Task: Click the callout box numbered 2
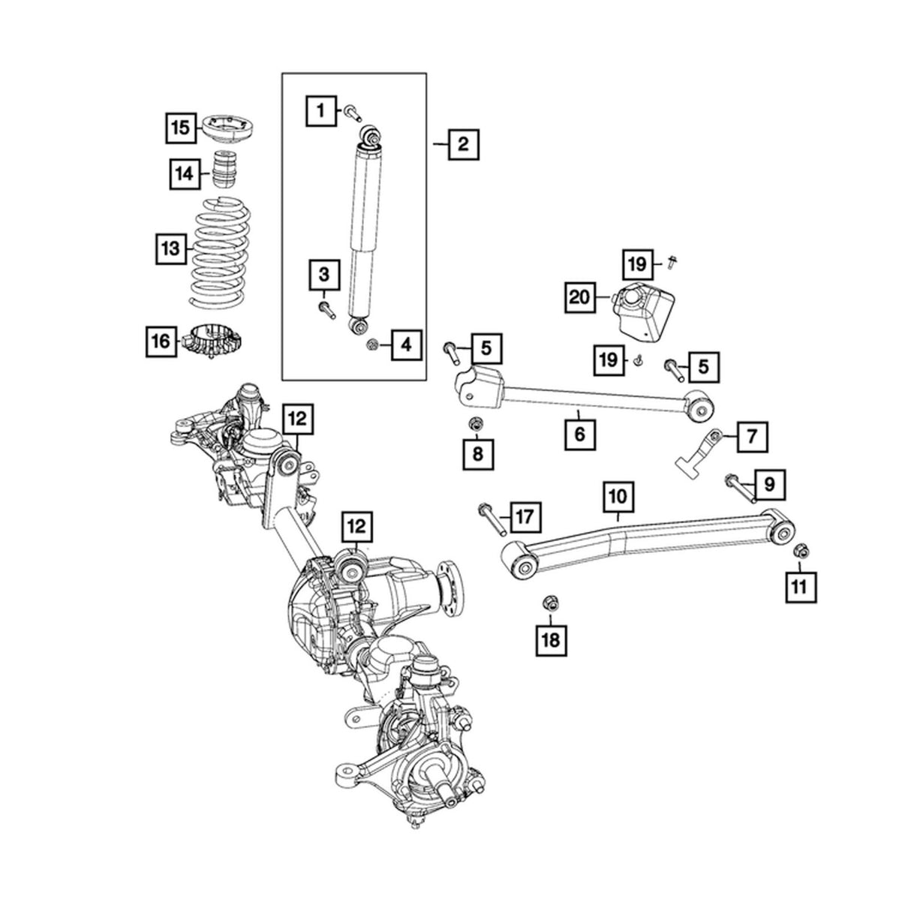463,143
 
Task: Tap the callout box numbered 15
180,128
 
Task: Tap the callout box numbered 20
579,297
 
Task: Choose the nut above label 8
474,425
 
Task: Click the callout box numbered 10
618,495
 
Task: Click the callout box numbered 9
768,486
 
